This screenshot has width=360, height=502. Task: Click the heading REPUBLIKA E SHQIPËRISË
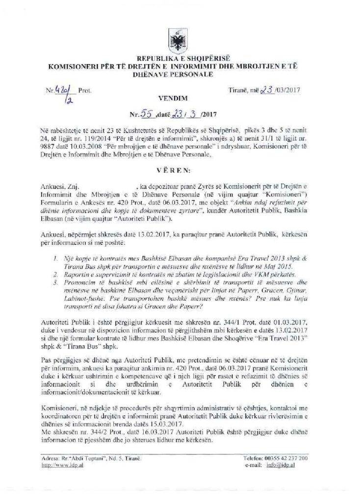pos(180,57)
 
